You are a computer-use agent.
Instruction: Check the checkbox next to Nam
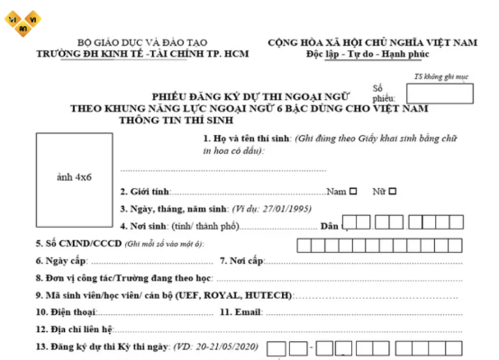pos(353,191)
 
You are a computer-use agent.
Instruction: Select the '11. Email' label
pos(240,311)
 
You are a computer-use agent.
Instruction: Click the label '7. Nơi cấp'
pos(241,260)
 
